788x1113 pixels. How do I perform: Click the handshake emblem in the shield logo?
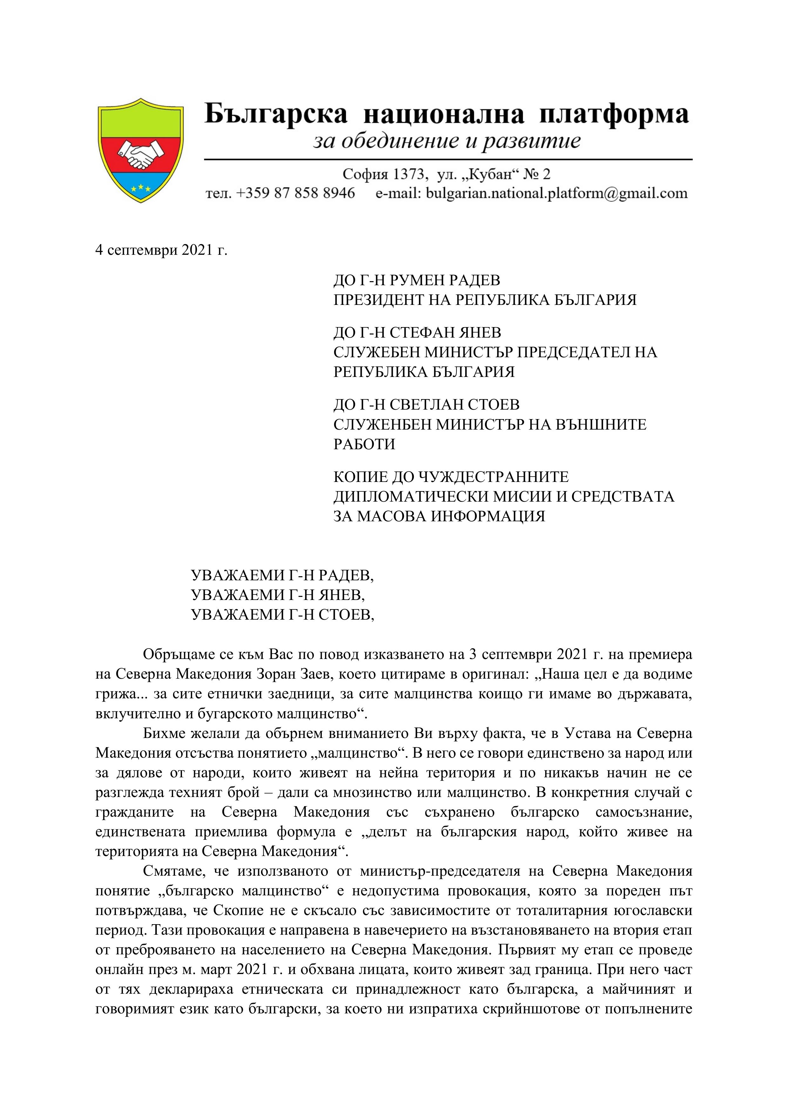[141, 155]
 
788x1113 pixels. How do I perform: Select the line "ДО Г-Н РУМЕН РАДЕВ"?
[417, 280]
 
